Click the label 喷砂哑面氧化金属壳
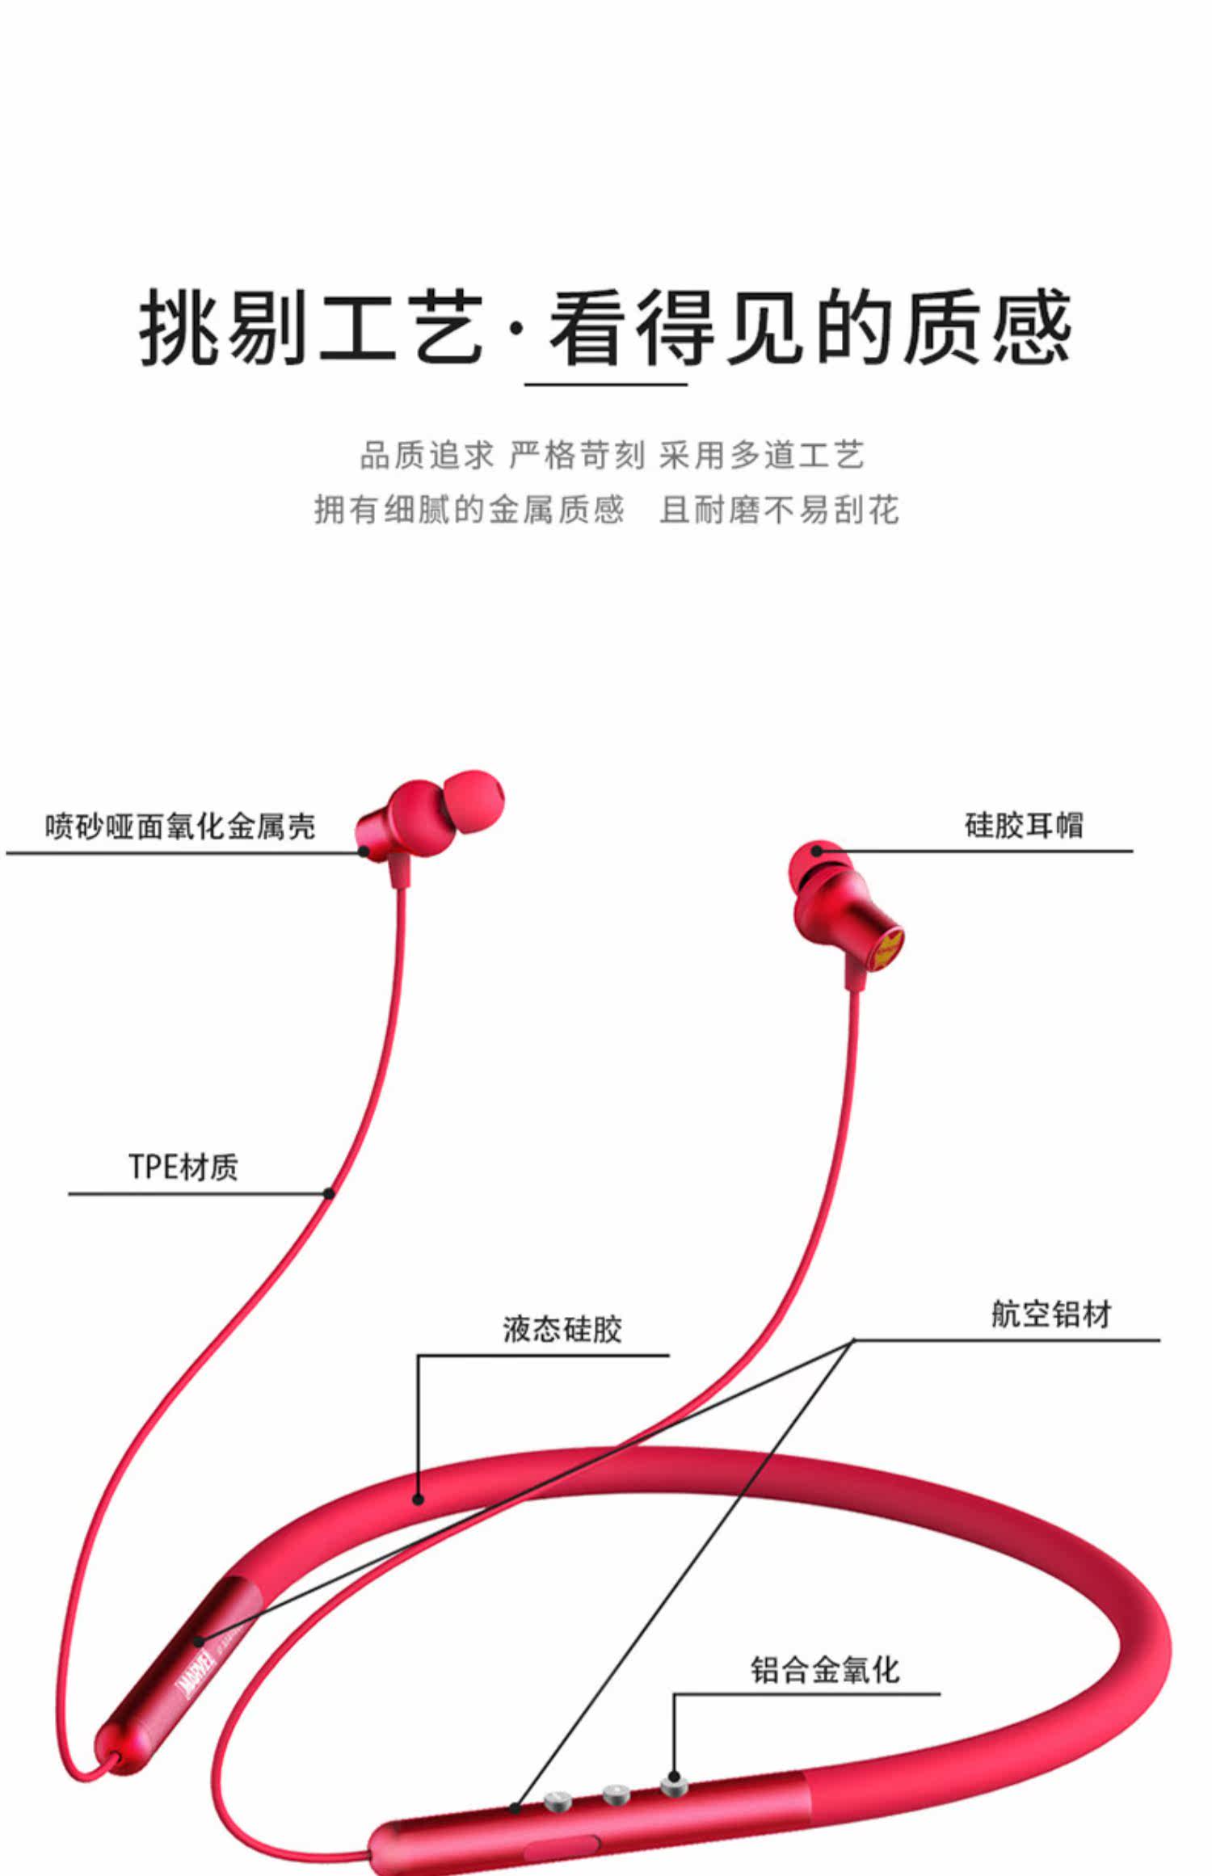(179, 826)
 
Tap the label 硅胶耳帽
(1023, 825)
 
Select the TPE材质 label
(183, 1167)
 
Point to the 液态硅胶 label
(562, 1329)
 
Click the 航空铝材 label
(1050, 1314)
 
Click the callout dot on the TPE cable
(329, 1193)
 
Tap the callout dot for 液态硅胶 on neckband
(418, 1500)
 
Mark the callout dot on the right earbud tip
(817, 850)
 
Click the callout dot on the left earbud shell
(364, 851)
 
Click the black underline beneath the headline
(605, 385)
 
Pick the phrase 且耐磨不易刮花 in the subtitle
(778, 510)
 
